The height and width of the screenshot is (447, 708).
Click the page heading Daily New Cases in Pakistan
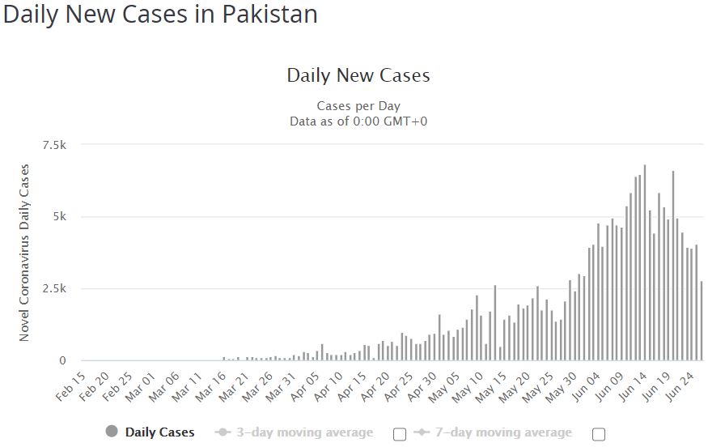(160, 15)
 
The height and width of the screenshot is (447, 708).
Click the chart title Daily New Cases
(358, 76)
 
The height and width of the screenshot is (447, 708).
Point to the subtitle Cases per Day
(358, 106)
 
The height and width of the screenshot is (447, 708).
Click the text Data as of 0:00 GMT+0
(358, 121)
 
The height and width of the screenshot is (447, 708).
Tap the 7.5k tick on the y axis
(53, 145)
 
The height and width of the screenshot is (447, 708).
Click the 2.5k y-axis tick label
(53, 289)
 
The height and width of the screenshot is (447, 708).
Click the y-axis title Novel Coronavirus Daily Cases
(24, 253)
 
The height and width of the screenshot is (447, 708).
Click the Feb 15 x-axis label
(71, 387)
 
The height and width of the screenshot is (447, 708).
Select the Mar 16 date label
(212, 387)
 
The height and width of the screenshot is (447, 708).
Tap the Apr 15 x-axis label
(354, 387)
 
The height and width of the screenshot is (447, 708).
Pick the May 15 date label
(495, 387)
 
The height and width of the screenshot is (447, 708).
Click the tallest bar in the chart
(645, 263)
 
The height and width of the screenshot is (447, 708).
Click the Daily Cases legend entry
(151, 432)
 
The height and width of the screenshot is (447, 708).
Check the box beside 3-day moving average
(400, 434)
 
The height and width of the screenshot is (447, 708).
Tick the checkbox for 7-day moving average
(599, 434)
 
